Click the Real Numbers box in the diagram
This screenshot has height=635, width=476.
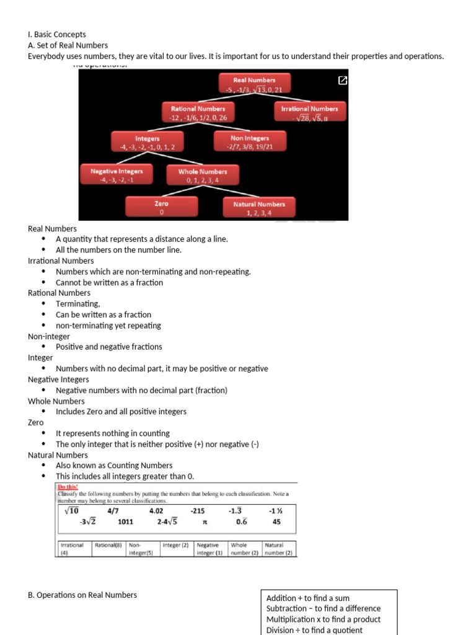click(x=254, y=84)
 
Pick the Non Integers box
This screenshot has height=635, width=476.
click(x=250, y=142)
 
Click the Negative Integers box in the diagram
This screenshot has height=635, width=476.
click(x=117, y=175)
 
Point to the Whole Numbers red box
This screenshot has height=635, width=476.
click(x=203, y=175)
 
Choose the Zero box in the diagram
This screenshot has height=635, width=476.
click(x=161, y=207)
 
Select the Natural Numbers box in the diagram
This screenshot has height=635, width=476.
click(x=259, y=208)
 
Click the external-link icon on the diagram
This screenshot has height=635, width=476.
click(x=342, y=81)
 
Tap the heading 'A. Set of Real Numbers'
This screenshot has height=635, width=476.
click(x=68, y=45)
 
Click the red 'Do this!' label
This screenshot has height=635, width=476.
click(x=68, y=487)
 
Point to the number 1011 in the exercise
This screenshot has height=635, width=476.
click(x=125, y=522)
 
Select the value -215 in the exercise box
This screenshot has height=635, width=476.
click(x=198, y=511)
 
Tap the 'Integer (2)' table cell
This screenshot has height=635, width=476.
click(x=176, y=546)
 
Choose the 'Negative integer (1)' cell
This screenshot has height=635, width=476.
click(x=210, y=549)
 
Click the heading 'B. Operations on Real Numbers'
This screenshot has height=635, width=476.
click(x=82, y=595)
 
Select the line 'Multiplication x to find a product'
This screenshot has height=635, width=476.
click(x=324, y=619)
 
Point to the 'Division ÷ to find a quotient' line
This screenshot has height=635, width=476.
click(x=314, y=630)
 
